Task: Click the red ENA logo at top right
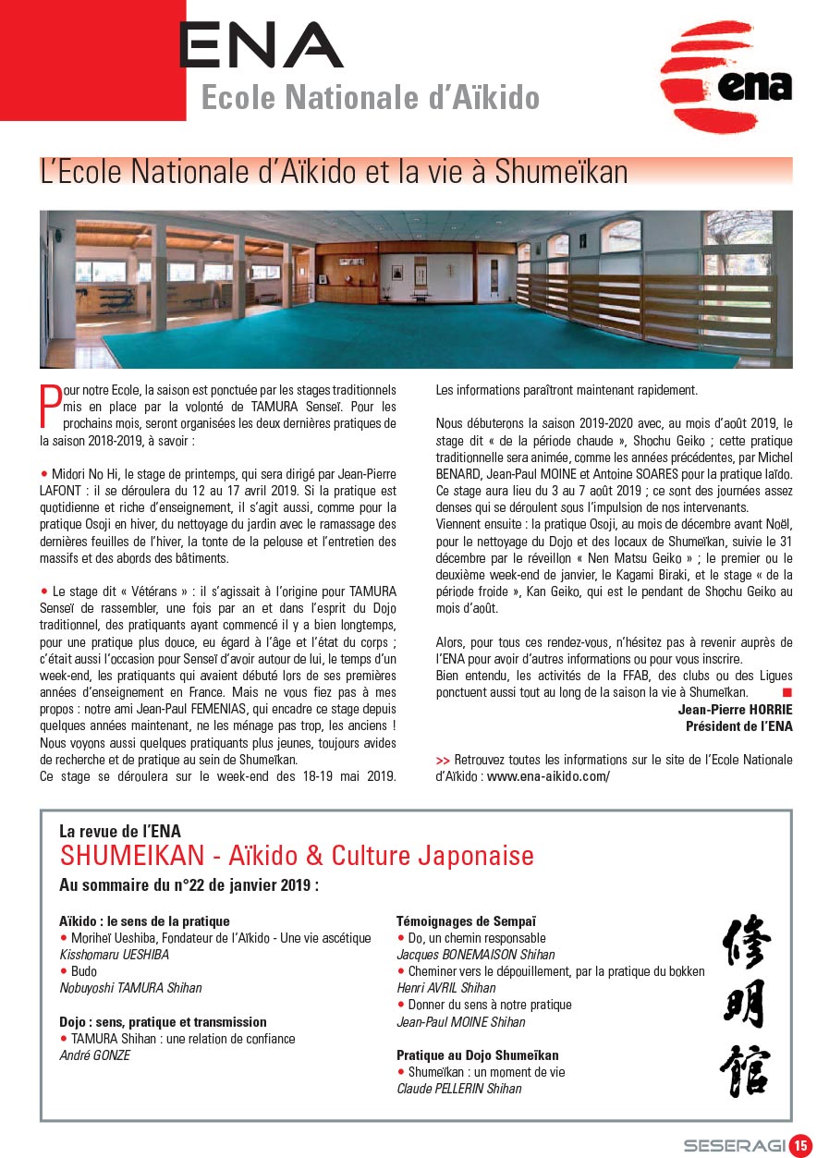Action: (x=726, y=78)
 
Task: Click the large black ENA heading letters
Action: (x=261, y=46)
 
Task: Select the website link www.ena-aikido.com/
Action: (x=548, y=776)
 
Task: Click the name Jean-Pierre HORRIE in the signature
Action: (x=735, y=710)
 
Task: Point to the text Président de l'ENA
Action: (x=738, y=726)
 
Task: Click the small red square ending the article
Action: (x=787, y=691)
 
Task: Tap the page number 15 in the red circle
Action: (x=800, y=1144)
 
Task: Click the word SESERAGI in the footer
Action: (x=735, y=1145)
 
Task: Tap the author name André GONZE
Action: (x=94, y=1055)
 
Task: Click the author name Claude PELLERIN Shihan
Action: (x=458, y=1089)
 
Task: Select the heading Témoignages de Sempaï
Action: (x=466, y=921)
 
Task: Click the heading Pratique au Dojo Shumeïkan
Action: (x=477, y=1054)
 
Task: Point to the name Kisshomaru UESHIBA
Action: (x=114, y=955)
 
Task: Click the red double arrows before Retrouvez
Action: (x=443, y=760)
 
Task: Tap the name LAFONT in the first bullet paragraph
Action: (x=62, y=491)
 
